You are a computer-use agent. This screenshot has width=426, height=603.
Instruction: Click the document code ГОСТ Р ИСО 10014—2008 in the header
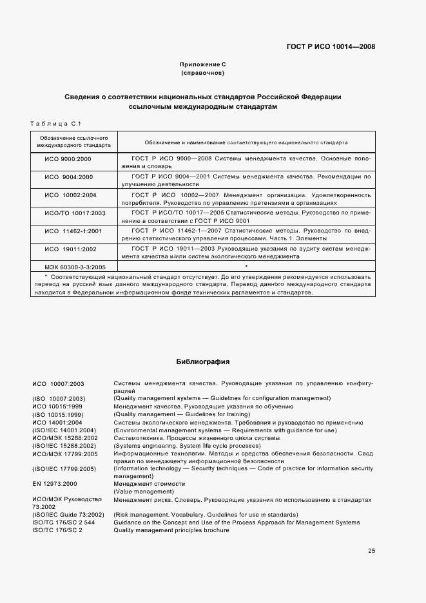[331, 46]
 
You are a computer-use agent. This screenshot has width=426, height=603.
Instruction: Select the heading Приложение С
[203, 65]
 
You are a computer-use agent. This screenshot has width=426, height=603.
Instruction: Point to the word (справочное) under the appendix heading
[203, 73]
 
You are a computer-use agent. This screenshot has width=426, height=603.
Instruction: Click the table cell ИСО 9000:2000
[68, 158]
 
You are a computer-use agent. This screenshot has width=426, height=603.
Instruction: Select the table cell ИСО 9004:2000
[68, 177]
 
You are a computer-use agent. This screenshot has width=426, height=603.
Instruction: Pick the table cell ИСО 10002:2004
[70, 195]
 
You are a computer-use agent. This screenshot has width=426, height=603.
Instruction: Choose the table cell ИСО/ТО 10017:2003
[70, 213]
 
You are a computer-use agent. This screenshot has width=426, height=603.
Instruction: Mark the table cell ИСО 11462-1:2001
[70, 231]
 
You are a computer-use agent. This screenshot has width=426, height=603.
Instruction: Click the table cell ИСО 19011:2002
[70, 249]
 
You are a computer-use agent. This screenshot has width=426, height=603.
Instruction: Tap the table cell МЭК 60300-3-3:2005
[70, 265]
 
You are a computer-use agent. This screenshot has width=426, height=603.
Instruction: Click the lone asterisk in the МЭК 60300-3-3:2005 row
[247, 265]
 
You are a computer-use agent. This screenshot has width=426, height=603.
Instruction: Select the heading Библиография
[203, 362]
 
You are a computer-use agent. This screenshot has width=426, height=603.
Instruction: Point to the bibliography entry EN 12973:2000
[54, 483]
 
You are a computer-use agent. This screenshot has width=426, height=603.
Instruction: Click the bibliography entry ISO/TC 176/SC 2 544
[63, 522]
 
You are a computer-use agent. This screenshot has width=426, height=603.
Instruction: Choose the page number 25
[371, 551]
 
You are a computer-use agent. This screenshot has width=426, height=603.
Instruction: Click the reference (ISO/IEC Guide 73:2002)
[68, 514]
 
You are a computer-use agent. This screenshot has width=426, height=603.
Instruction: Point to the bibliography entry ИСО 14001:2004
[55, 422]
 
